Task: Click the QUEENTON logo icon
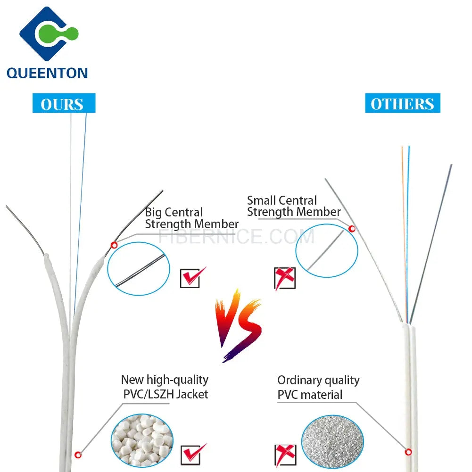pos(48,34)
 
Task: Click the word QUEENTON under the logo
pos(47,73)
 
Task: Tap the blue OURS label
pos(63,104)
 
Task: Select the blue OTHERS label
pos(402,104)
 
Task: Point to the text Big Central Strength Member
pos(191,218)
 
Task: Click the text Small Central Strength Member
pos(293,207)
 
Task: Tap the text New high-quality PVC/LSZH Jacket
pos(165,387)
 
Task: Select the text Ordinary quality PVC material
pos(318,387)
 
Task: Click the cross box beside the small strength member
pos(285,278)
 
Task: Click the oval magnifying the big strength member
pos(139,269)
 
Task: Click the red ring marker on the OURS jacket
pos(78,455)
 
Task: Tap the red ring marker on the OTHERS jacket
pos(408,452)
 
